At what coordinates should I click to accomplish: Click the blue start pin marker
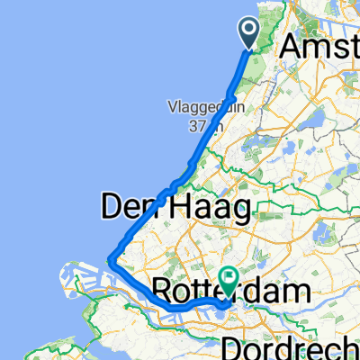click(249, 32)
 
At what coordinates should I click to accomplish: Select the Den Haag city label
click(175, 210)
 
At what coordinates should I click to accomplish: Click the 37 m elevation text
click(202, 126)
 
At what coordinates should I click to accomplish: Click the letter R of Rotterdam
click(163, 291)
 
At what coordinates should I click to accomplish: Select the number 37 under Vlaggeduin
click(195, 126)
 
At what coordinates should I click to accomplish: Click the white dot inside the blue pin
click(249, 31)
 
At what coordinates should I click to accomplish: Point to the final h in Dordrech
click(353, 346)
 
